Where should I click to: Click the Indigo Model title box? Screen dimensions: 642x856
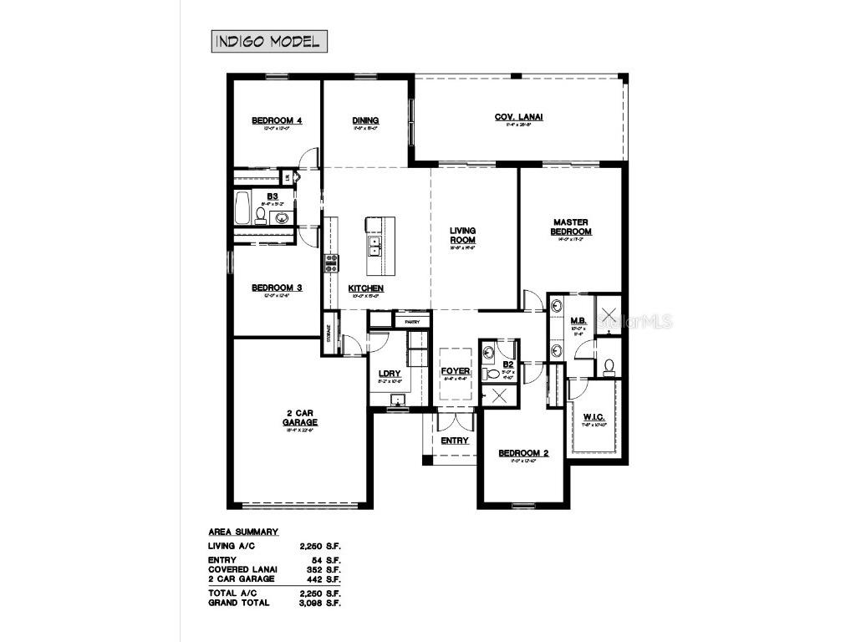(267, 41)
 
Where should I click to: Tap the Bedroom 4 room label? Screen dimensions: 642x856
(276, 120)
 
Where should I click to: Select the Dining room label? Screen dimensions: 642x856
(365, 120)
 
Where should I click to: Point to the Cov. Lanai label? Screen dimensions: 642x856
(518, 117)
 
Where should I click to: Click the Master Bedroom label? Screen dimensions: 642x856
(571, 227)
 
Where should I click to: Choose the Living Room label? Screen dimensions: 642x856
(462, 235)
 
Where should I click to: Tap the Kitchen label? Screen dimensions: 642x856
(365, 288)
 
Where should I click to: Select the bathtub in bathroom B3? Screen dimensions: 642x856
(242, 209)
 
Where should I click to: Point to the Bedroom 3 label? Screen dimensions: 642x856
(276, 288)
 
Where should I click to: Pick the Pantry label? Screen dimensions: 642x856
(411, 321)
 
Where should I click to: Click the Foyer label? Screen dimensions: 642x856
(456, 371)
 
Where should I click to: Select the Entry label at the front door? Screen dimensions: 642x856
(454, 441)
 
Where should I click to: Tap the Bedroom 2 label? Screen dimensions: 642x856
(523, 453)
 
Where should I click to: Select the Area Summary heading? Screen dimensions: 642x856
(242, 532)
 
